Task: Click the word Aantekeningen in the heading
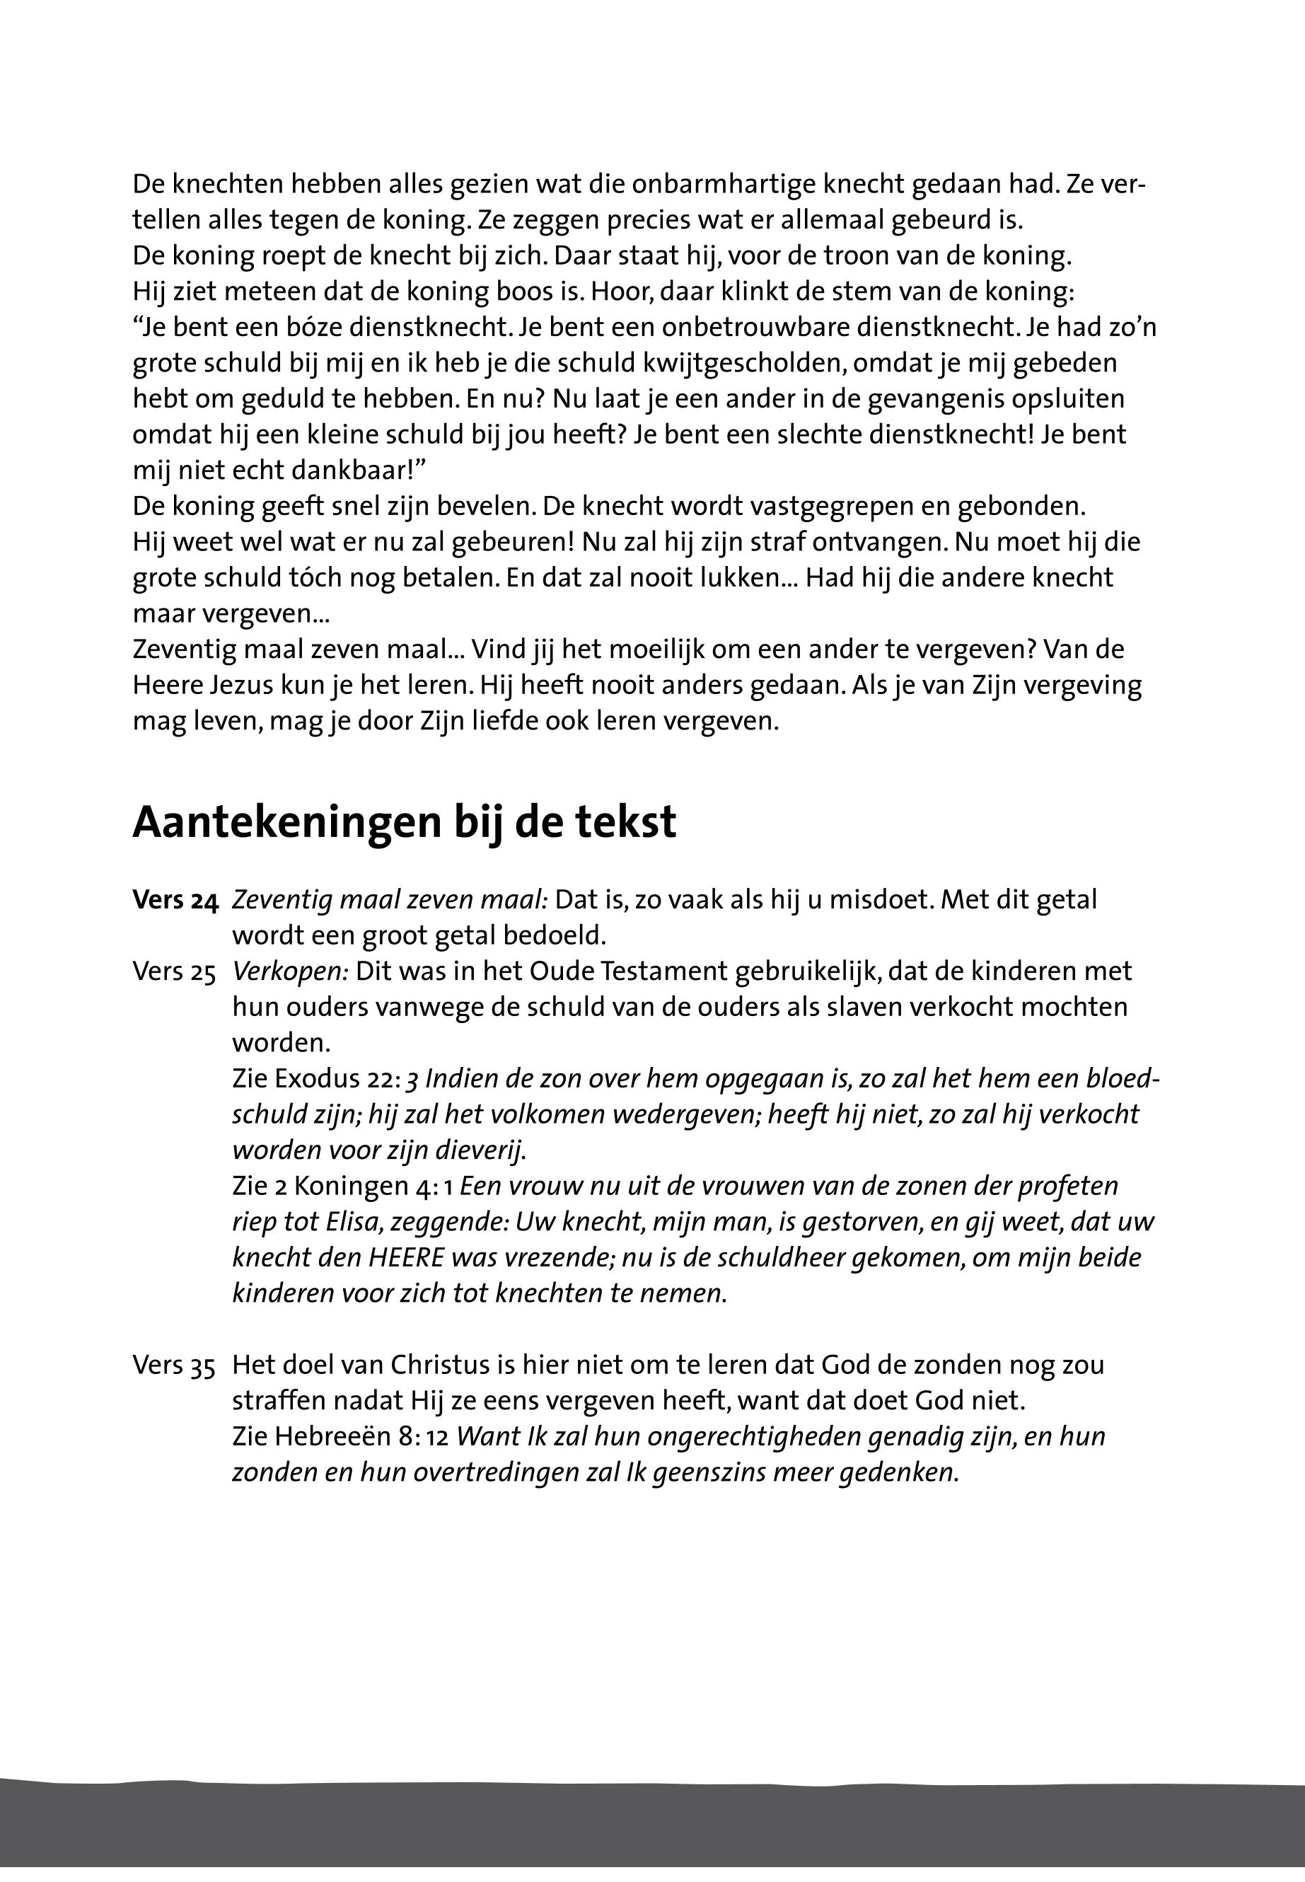282,823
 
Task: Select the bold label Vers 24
175,901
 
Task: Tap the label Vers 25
174,971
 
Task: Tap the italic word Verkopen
290,971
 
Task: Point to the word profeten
1062,1187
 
